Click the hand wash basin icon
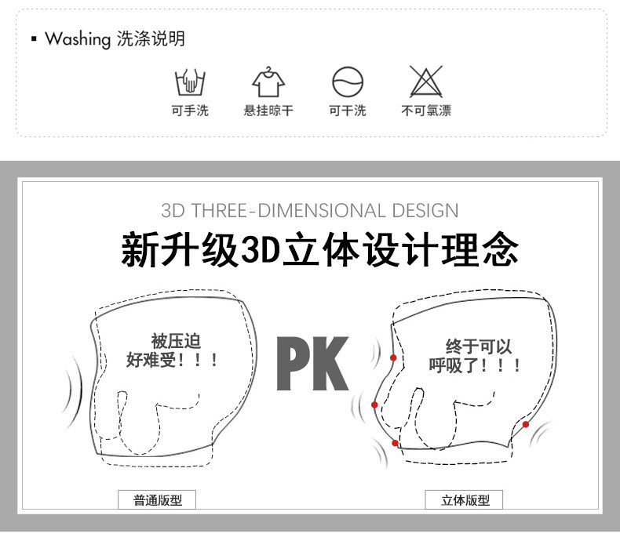[x=190, y=82]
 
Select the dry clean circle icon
[x=348, y=82]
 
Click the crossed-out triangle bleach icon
[x=426, y=82]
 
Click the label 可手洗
[x=190, y=111]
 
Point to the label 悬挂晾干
[x=268, y=111]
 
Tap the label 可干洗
[x=348, y=111]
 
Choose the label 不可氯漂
[x=426, y=111]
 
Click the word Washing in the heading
[x=78, y=39]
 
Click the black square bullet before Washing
[x=34, y=39]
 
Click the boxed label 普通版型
[x=157, y=500]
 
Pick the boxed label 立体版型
[x=465, y=500]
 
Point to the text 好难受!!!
[x=173, y=361]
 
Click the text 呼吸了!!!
[x=475, y=365]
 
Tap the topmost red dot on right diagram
[x=393, y=357]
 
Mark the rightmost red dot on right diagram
[x=525, y=424]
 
